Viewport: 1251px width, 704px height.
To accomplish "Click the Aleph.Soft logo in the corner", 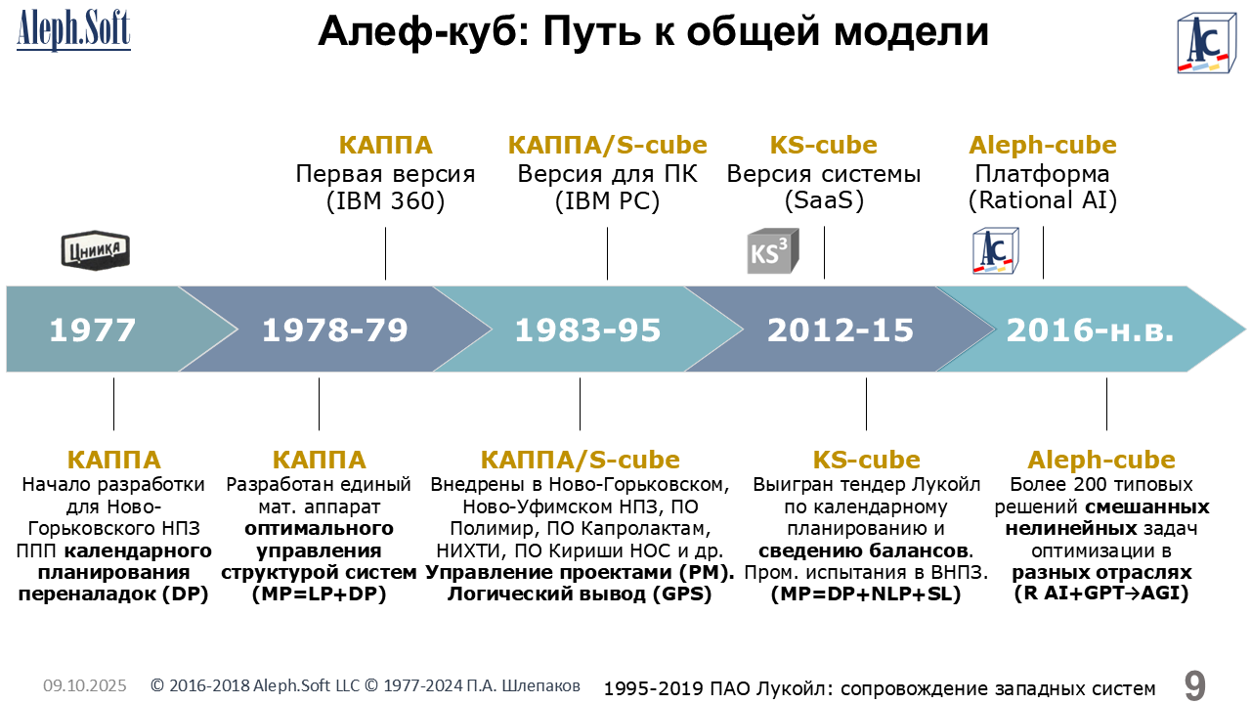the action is (73, 29).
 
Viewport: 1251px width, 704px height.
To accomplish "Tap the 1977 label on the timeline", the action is (93, 330).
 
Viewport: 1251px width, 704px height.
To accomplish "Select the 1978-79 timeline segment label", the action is (335, 330).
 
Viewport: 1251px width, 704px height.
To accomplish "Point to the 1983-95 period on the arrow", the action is (587, 330).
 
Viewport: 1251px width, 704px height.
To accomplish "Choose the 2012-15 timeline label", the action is (841, 330).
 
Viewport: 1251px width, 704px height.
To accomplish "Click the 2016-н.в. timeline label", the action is (1090, 330).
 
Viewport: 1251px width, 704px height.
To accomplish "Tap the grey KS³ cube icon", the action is (773, 251).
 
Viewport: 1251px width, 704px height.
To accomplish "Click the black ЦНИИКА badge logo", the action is (96, 249).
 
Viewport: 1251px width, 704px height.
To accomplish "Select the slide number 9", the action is (1195, 685).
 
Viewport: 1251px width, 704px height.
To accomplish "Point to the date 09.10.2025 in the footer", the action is (85, 685).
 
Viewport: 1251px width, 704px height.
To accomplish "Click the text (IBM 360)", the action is (385, 200).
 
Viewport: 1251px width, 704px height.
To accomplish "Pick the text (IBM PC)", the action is (607, 200).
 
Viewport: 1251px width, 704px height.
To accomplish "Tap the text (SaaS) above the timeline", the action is (824, 200).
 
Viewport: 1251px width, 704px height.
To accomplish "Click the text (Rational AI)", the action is (1043, 200).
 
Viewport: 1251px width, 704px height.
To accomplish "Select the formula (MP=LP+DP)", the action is (319, 594).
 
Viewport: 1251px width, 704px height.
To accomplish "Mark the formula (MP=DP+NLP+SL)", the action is (866, 594).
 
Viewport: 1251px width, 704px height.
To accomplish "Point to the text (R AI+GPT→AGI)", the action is (1101, 594).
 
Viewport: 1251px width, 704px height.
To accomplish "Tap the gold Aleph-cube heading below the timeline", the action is (1101, 460).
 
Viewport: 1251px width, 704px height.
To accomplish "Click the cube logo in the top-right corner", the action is (1206, 44).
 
